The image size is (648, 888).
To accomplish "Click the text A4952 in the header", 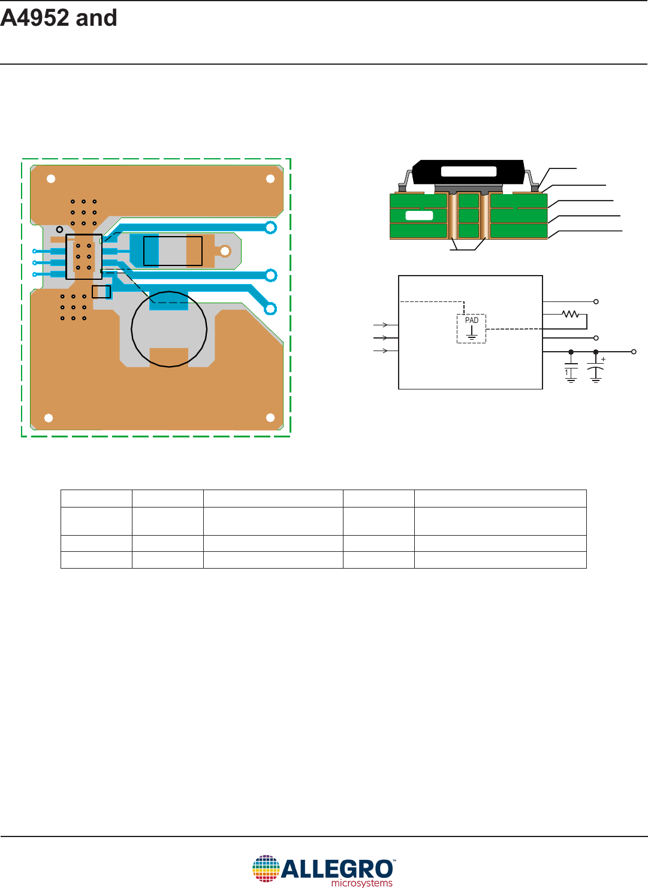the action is pos(35,18).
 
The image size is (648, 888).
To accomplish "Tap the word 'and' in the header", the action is pos(97,18).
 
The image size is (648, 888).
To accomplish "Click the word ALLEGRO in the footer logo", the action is pos(337,869).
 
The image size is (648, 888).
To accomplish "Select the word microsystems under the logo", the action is pos(361,883).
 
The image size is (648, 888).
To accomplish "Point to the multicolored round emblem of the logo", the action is pos(266,868).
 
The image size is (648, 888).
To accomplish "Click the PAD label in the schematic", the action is pos(472,321).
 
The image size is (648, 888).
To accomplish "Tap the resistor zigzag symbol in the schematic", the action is pos(570,315).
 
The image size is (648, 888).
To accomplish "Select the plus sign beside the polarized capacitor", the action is pos(603,360).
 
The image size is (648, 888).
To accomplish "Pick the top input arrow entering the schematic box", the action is pos(381,325).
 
